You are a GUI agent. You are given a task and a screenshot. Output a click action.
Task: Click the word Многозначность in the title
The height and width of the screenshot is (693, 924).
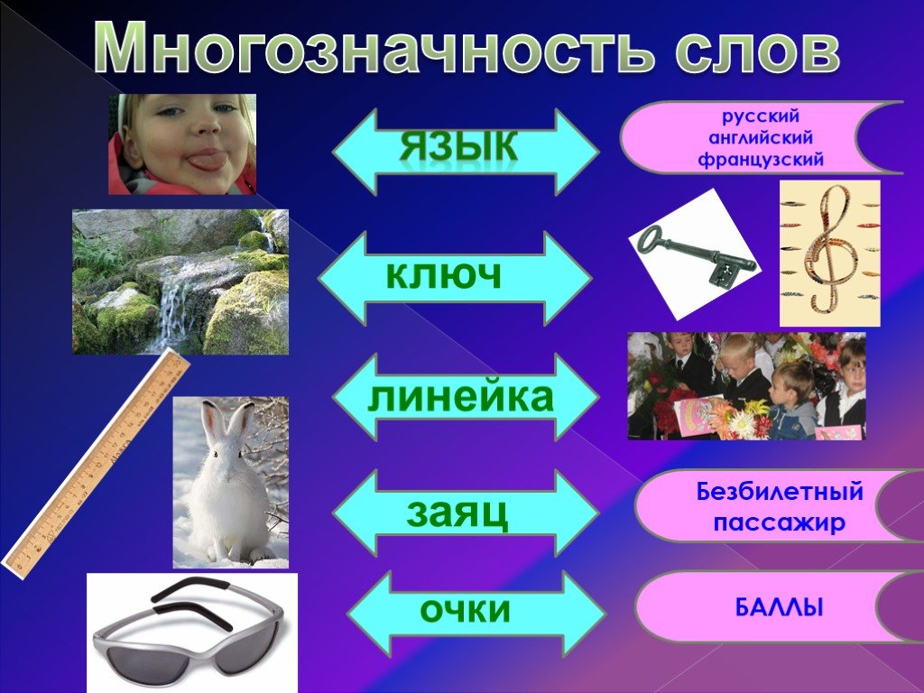[373, 48]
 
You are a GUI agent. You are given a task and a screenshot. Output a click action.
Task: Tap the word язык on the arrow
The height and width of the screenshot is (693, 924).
[459, 145]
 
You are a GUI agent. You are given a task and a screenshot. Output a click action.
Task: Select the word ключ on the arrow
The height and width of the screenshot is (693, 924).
[444, 273]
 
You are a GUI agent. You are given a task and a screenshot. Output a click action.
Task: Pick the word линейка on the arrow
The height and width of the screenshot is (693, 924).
[460, 397]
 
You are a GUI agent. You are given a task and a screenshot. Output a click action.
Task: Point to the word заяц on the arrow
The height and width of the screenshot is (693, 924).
[457, 513]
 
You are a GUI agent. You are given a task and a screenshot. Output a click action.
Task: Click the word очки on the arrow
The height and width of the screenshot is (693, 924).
[465, 609]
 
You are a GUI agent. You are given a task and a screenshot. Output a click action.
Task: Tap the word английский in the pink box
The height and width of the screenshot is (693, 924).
[761, 138]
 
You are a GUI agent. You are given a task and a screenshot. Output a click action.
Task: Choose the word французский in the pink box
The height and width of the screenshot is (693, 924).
[761, 160]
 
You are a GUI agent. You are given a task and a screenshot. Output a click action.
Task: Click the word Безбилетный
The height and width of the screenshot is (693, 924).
[780, 491]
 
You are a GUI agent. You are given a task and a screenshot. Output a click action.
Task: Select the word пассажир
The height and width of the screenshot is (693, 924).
[779, 522]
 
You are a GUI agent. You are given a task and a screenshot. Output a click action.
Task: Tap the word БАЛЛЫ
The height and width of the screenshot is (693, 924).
[779, 607]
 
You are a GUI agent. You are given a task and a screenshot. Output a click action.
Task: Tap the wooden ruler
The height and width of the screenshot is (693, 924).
[96, 463]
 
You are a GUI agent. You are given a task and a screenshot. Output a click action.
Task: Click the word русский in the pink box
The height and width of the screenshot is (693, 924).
[761, 116]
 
